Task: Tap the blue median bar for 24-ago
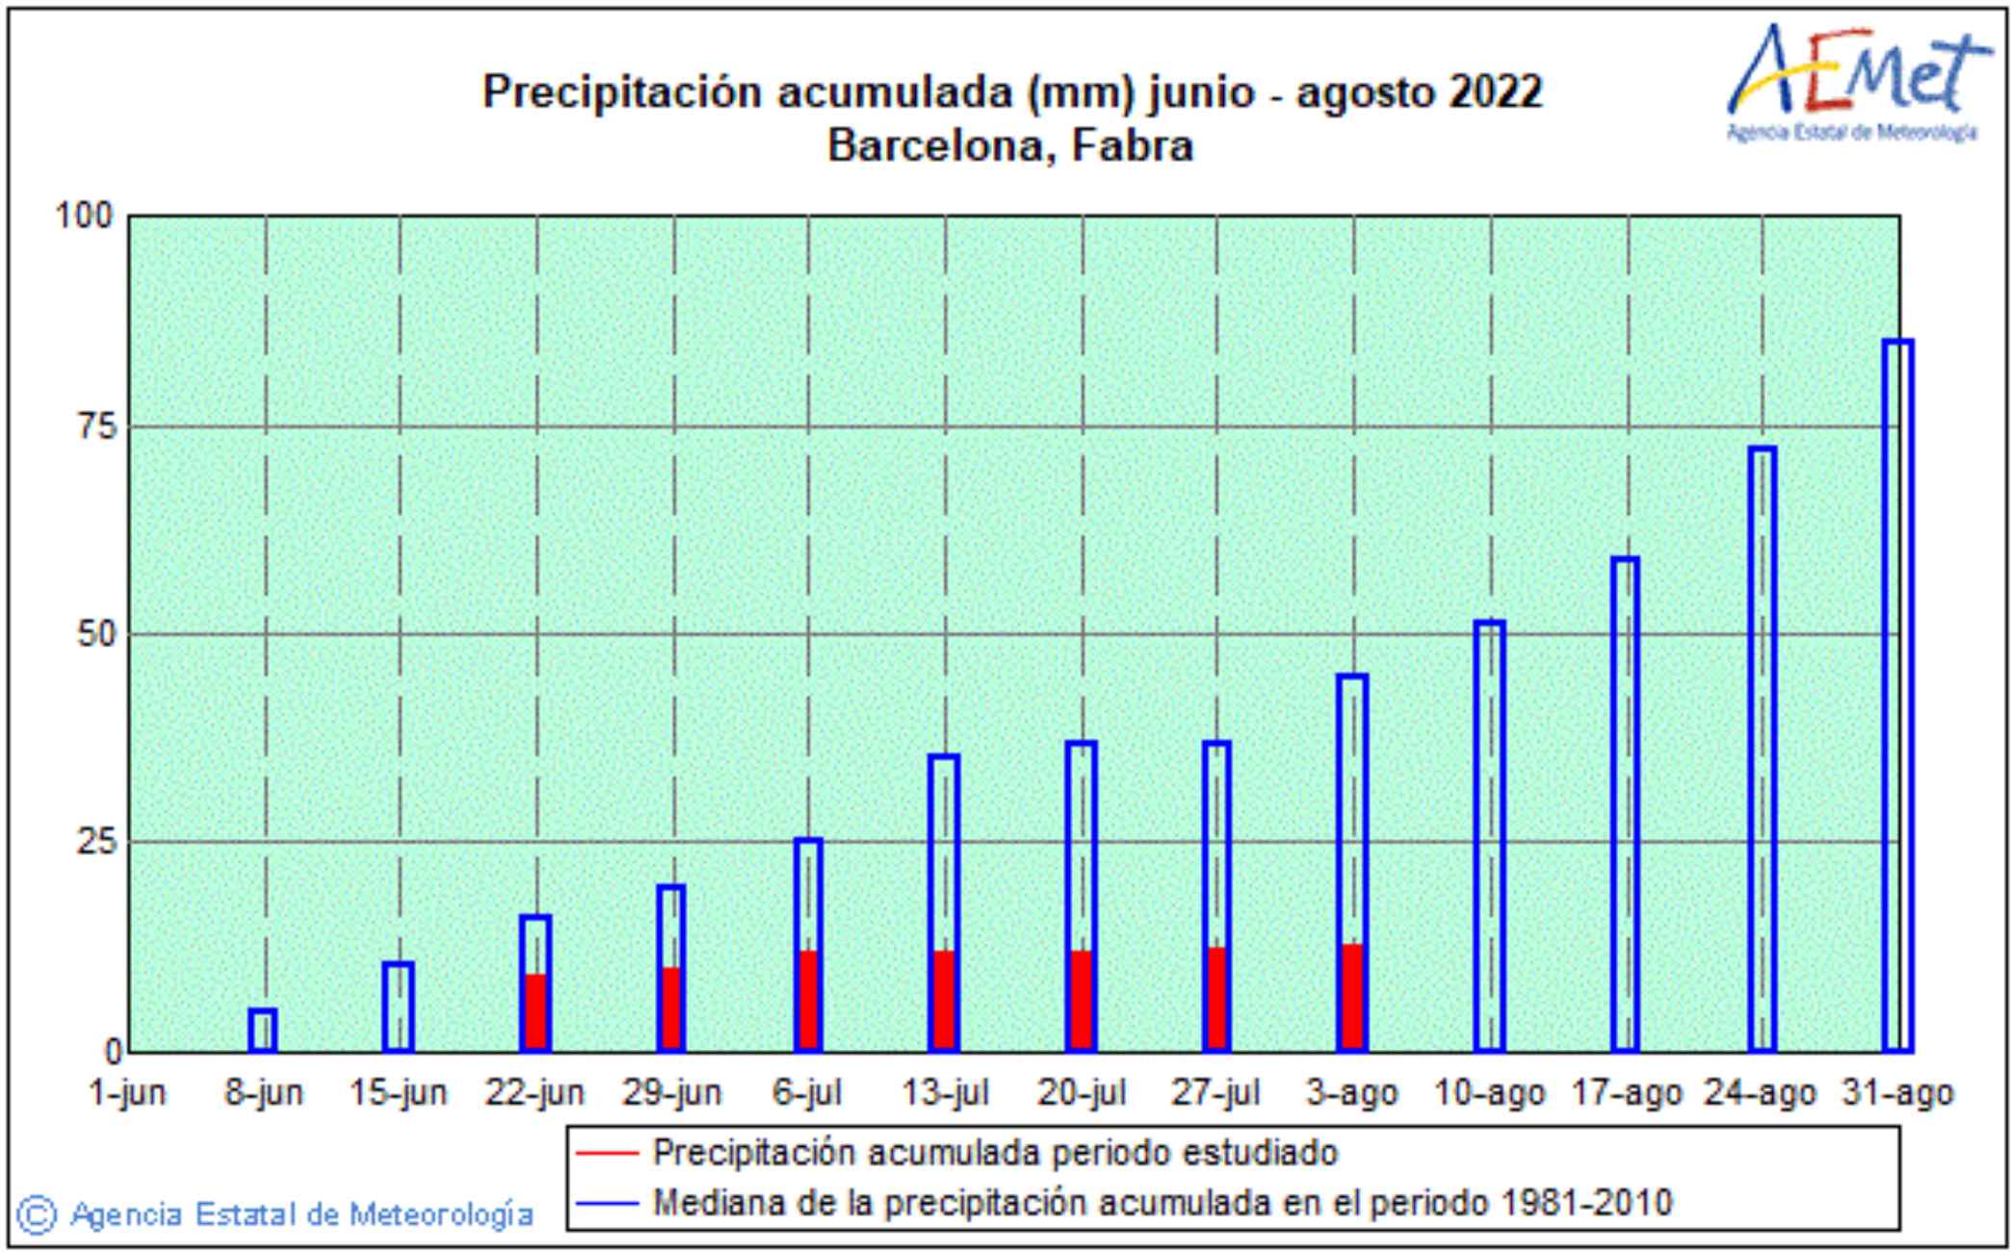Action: click(1762, 748)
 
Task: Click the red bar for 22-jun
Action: click(536, 1011)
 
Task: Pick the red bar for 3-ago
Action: click(1352, 997)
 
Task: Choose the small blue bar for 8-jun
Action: click(263, 1030)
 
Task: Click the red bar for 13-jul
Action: click(944, 1000)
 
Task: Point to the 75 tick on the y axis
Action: click(96, 426)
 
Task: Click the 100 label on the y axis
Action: click(85, 215)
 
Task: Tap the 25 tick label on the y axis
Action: click(96, 843)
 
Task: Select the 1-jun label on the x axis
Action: click(126, 1093)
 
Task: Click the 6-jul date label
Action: click(807, 1093)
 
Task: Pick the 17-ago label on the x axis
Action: click(1626, 1093)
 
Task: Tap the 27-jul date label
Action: click(1215, 1093)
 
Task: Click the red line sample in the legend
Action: click(607, 1153)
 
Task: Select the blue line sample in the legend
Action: click(607, 1203)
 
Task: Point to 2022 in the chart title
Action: click(1496, 92)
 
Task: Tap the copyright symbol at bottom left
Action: click(38, 1214)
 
